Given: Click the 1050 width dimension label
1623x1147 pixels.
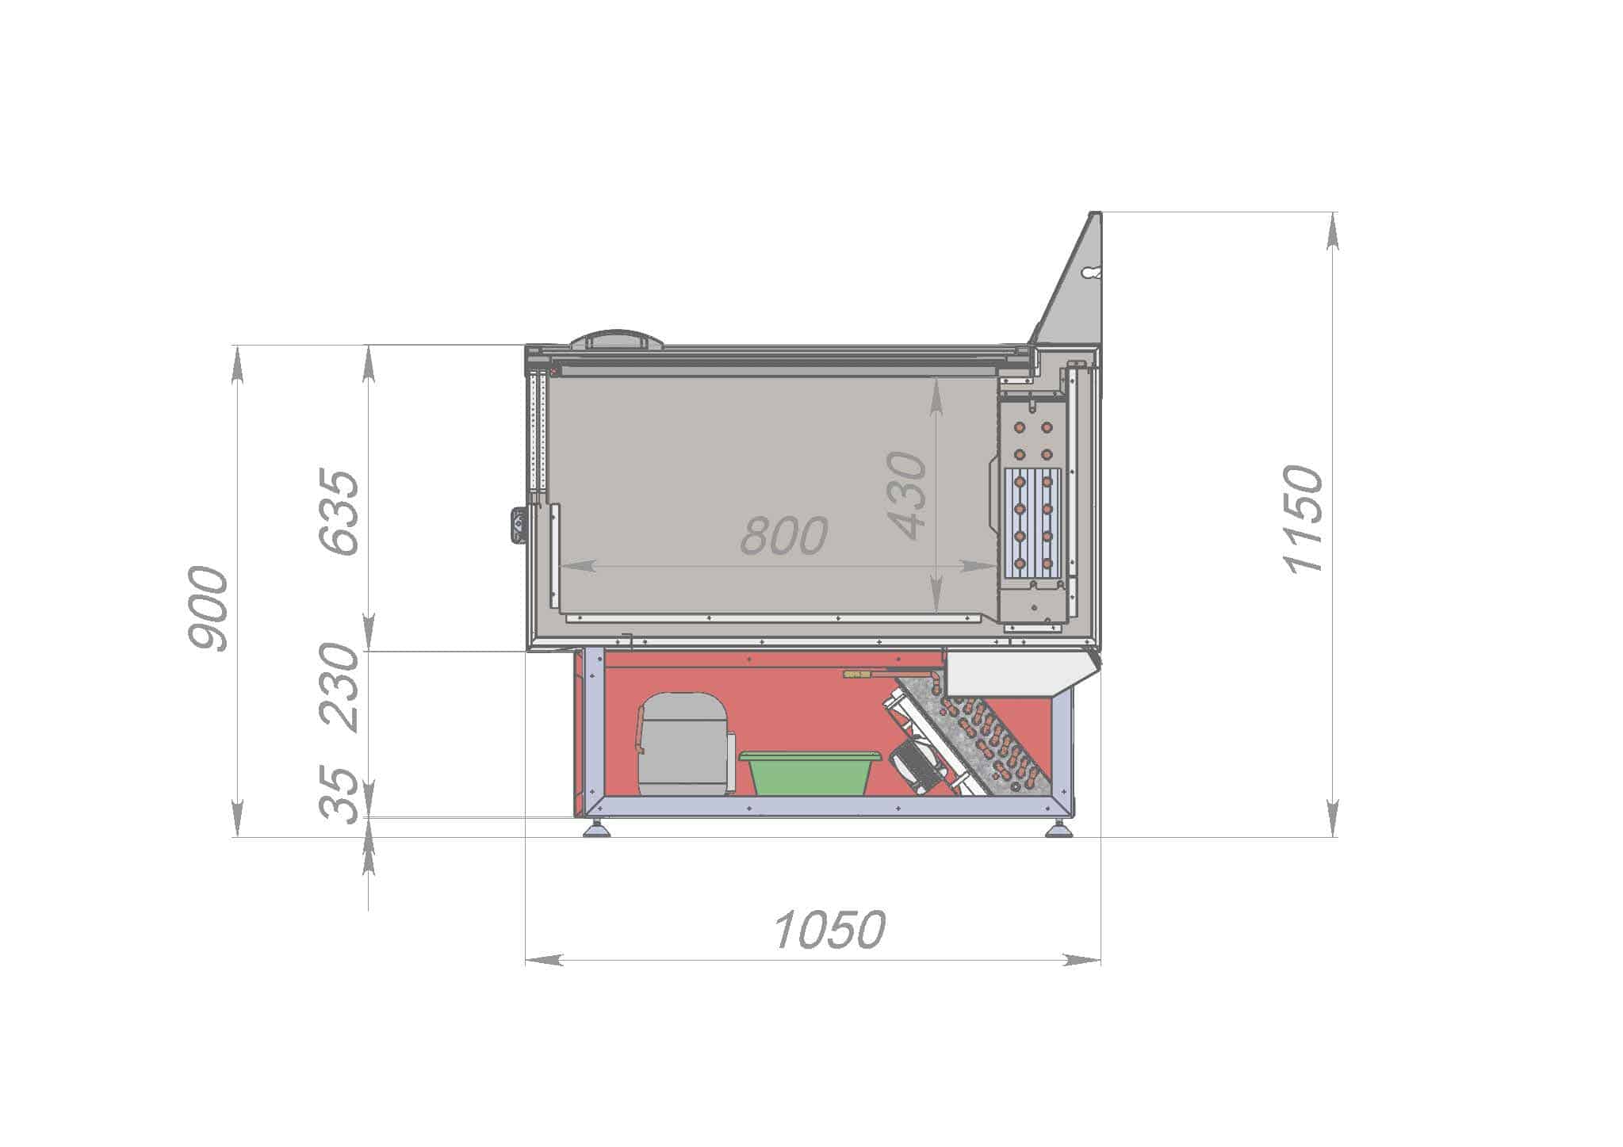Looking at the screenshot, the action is coord(829,930).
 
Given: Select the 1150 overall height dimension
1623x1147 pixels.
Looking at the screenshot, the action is coord(1303,519).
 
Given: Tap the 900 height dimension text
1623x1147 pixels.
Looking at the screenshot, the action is coord(208,609).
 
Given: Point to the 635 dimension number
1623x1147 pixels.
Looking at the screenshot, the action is coord(339,512).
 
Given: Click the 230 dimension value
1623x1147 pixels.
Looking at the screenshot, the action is coord(339,686).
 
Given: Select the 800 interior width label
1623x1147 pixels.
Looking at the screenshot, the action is coord(784,535).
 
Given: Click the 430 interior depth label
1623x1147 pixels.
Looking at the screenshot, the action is coord(906,496).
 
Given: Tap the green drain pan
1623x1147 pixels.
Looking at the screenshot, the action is coord(810,774).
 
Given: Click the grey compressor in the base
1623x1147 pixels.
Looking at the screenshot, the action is coord(684,744).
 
